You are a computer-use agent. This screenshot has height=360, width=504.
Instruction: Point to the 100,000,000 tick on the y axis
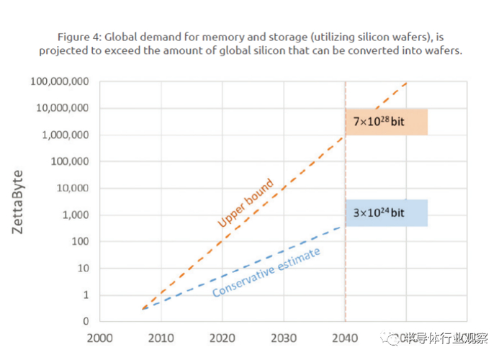point(59,81)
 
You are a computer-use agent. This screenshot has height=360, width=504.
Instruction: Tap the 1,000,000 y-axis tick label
point(66,135)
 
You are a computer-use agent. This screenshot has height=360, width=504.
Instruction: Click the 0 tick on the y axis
point(85,321)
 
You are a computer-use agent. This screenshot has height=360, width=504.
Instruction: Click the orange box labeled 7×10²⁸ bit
point(387,122)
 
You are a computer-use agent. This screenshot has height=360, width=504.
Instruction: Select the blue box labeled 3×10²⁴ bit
point(387,213)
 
